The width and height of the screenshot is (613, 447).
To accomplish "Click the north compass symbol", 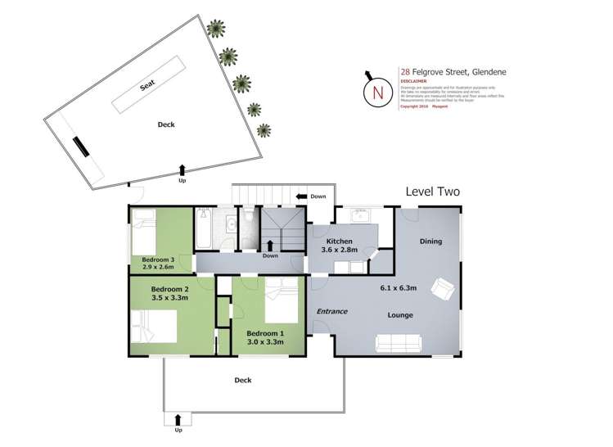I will point(377,92).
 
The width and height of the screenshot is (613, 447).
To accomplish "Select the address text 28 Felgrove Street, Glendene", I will point(453,72).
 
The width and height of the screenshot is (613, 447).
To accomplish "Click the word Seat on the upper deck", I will point(147,85).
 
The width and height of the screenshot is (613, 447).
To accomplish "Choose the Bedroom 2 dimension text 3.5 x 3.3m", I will point(169,298).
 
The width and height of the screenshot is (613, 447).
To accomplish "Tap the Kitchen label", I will point(339,242).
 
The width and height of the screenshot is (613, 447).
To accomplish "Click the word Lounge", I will point(400,314).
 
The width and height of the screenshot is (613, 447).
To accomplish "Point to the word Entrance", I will point(332,311).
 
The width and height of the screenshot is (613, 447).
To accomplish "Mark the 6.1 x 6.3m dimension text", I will point(399,287).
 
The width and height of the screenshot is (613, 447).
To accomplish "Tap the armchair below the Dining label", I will point(443,287).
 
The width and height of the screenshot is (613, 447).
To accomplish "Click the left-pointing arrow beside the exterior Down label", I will point(303,196).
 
